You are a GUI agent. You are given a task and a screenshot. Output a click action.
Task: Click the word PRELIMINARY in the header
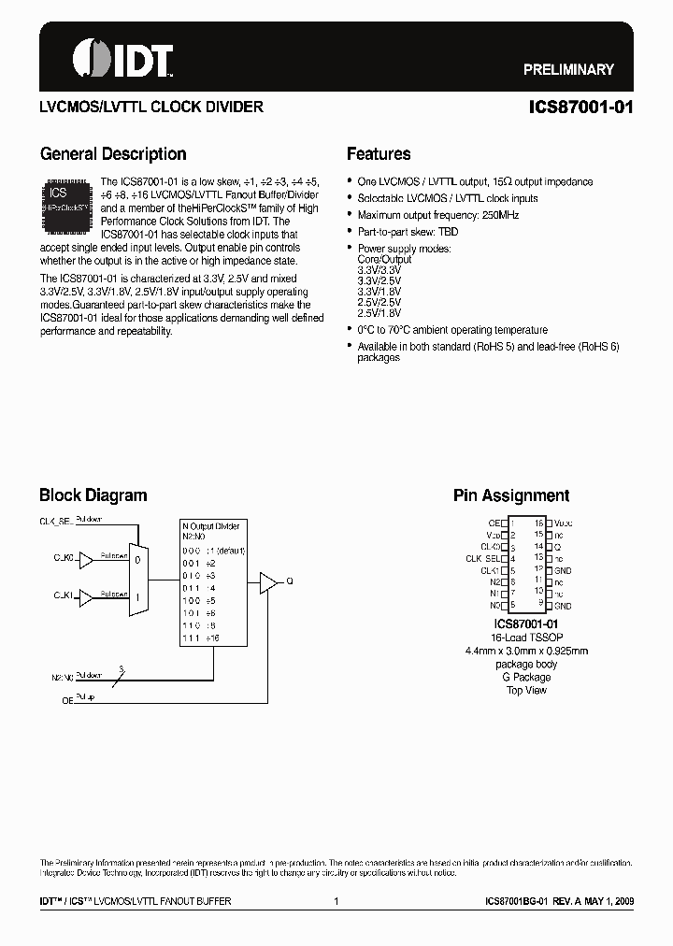(568, 69)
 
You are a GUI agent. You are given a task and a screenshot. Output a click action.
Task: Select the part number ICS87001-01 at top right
(580, 107)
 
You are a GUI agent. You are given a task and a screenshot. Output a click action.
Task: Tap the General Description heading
(113, 154)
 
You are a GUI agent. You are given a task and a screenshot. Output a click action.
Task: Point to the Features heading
(379, 154)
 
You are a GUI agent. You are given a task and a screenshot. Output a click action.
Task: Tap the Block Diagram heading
(93, 495)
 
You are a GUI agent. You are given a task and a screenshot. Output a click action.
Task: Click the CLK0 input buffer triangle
(86, 560)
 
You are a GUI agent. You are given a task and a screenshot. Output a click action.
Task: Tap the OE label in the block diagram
(66, 698)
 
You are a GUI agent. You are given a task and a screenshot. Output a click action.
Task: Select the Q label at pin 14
(557, 547)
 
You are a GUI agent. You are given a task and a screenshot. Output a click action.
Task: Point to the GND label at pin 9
(562, 606)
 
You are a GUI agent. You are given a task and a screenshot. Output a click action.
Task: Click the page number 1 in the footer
(336, 901)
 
